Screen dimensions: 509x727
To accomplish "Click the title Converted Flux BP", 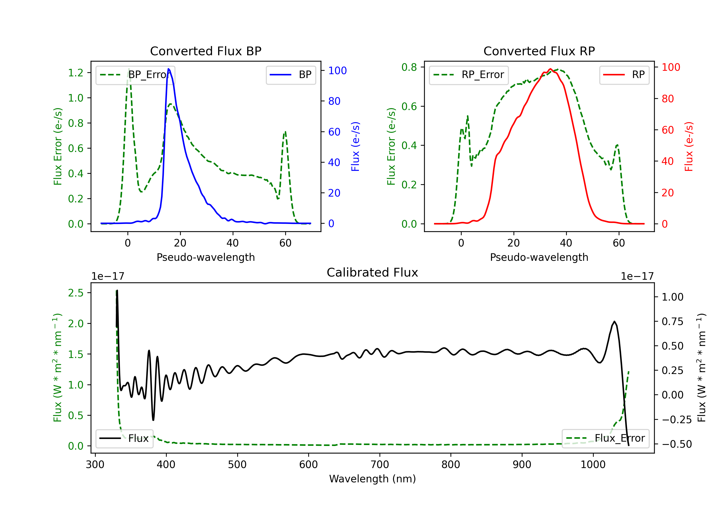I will (205, 51).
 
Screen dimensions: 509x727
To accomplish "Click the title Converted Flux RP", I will (539, 51).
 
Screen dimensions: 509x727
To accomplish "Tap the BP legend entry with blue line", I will (291, 75).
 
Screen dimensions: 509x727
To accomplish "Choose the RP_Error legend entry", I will (469, 75).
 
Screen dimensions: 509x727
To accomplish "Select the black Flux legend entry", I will (125, 438).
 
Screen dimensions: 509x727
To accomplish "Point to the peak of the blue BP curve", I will (168, 69).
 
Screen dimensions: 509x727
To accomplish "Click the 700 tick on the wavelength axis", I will (380, 465).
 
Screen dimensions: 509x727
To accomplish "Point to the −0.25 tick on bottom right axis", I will (677, 420).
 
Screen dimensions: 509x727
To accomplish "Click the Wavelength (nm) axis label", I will (372, 479).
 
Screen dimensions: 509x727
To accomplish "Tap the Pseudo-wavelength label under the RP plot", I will (539, 257).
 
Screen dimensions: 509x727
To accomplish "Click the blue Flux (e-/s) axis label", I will (355, 146).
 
